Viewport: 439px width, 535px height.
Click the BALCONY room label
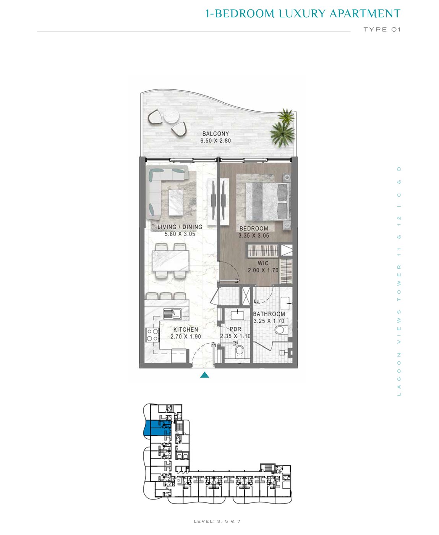(x=215, y=133)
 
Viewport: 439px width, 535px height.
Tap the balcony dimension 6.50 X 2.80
(x=215, y=141)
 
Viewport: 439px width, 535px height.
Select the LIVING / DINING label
(x=180, y=227)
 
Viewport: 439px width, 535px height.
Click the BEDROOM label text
(x=254, y=228)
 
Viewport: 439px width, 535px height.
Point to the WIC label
(x=263, y=263)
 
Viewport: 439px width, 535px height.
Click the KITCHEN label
(x=186, y=329)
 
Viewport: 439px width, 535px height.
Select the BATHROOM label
(x=269, y=314)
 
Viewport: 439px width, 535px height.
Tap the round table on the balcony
(x=171, y=117)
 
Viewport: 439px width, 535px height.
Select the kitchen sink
(x=172, y=314)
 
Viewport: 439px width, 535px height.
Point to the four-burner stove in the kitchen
(x=152, y=335)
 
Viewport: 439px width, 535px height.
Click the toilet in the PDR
(x=239, y=351)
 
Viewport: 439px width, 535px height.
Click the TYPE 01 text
(x=382, y=29)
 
